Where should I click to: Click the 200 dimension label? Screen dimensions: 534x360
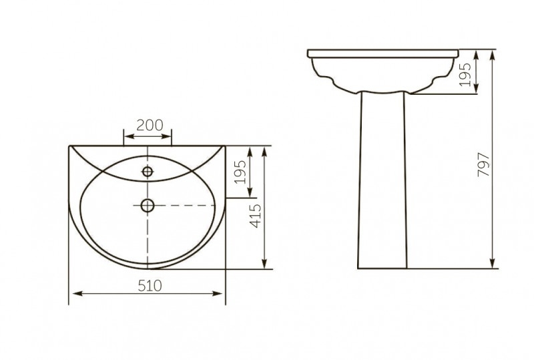point(150,126)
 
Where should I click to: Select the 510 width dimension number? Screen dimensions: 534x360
point(150,286)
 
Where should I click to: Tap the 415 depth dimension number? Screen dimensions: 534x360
point(256,216)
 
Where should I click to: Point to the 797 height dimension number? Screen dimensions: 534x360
point(483,165)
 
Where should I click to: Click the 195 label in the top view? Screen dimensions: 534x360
point(241,172)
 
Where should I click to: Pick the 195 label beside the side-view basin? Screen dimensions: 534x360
point(465,74)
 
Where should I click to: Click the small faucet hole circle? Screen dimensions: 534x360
point(148,172)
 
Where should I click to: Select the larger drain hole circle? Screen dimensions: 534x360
point(148,205)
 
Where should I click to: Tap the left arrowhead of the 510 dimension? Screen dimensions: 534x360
point(77,293)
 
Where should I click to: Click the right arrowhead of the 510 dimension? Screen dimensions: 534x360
point(218,293)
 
